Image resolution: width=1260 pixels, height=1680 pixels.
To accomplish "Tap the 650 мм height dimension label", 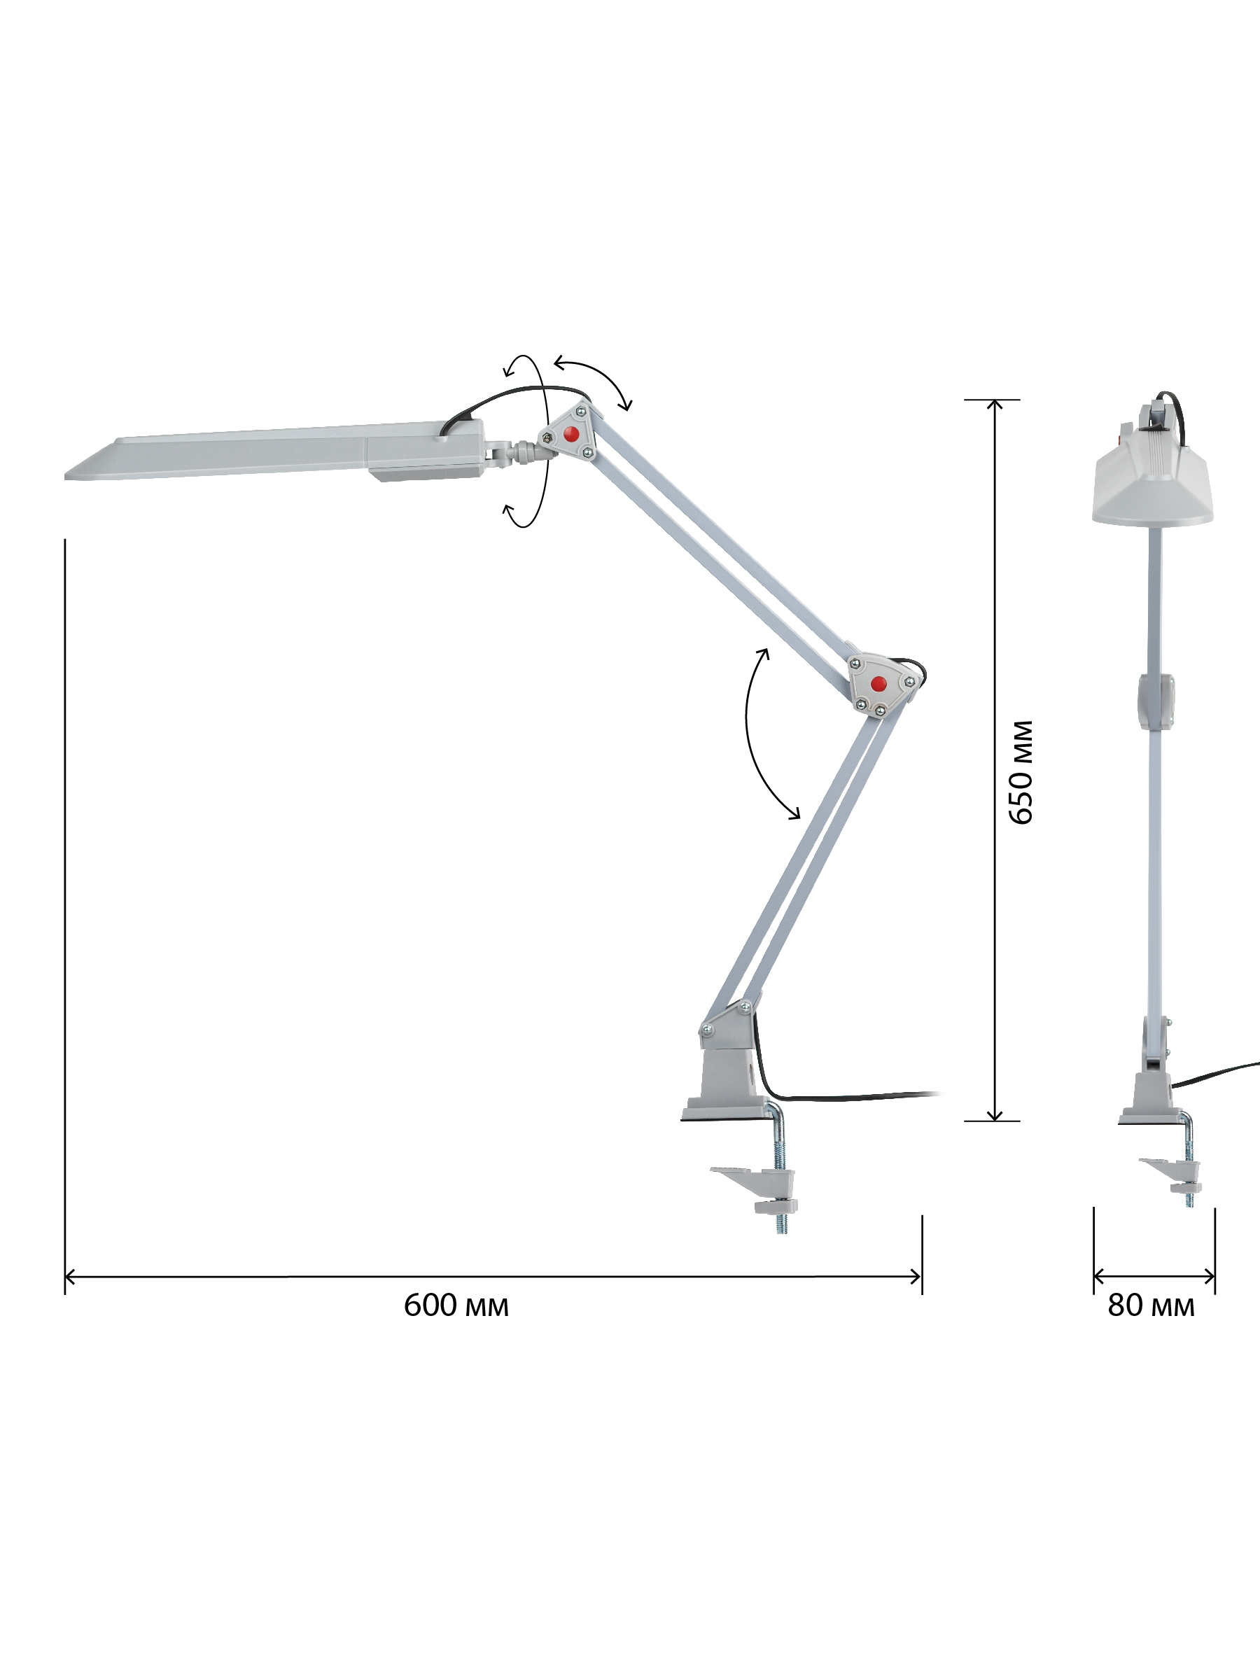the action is [1021, 771].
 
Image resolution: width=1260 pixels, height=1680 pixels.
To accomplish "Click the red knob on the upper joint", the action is [571, 435].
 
